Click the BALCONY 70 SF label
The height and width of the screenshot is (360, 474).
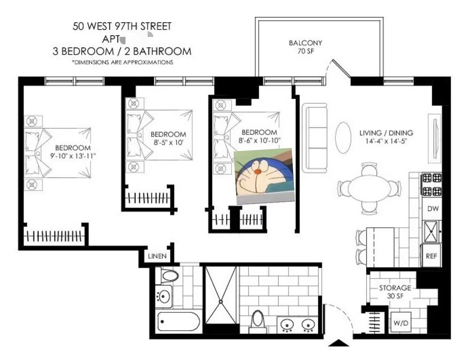[306, 47]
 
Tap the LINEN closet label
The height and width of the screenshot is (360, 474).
[157, 256]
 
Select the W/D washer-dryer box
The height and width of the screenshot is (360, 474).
[401, 323]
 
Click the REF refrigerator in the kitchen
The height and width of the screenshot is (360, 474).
[431, 256]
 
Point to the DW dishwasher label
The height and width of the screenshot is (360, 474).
[433, 209]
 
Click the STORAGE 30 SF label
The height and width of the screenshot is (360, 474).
[395, 292]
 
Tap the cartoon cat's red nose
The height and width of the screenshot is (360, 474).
[257, 172]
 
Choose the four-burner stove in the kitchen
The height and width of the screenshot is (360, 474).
[432, 184]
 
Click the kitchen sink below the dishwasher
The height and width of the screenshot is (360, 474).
[431, 231]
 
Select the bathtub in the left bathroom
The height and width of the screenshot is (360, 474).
[178, 322]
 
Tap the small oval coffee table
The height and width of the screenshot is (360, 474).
[343, 137]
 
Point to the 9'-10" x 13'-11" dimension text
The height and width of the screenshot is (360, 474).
[73, 156]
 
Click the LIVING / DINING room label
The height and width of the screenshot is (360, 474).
[386, 133]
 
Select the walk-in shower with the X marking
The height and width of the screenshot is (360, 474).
[221, 295]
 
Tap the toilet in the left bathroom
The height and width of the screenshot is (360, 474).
[170, 275]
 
